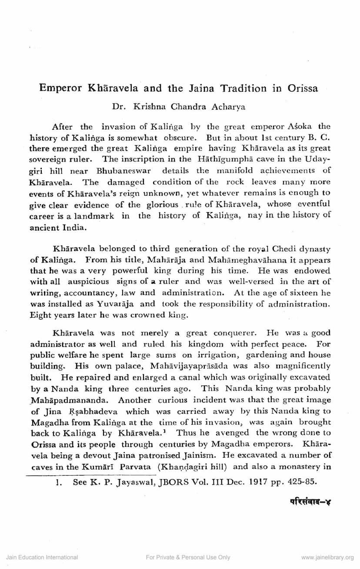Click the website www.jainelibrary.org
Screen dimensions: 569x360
[327, 557]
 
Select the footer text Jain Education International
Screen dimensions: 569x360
[42, 557]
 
